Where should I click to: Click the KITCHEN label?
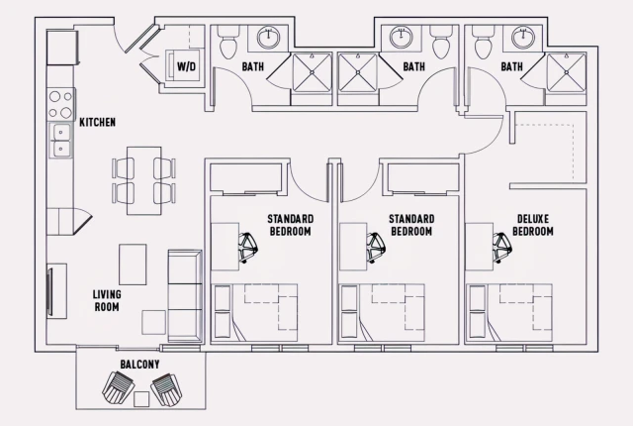[x=98, y=122]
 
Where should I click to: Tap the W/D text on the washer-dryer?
[x=186, y=66]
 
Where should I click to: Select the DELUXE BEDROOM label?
[x=534, y=225]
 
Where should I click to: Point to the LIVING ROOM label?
[x=107, y=300]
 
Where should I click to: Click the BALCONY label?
[x=140, y=365]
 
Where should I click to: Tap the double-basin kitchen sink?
[x=60, y=147]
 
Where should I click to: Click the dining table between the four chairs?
[x=144, y=178]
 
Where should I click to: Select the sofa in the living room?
[x=184, y=294]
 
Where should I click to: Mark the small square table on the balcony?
[x=141, y=398]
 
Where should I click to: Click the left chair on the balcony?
[x=116, y=389]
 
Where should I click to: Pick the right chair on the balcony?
[x=167, y=389]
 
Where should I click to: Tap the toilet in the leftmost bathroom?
[x=226, y=42]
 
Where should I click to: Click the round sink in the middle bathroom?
[x=401, y=39]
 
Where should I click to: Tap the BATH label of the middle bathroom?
[x=413, y=66]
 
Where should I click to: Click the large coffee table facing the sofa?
[x=133, y=264]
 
